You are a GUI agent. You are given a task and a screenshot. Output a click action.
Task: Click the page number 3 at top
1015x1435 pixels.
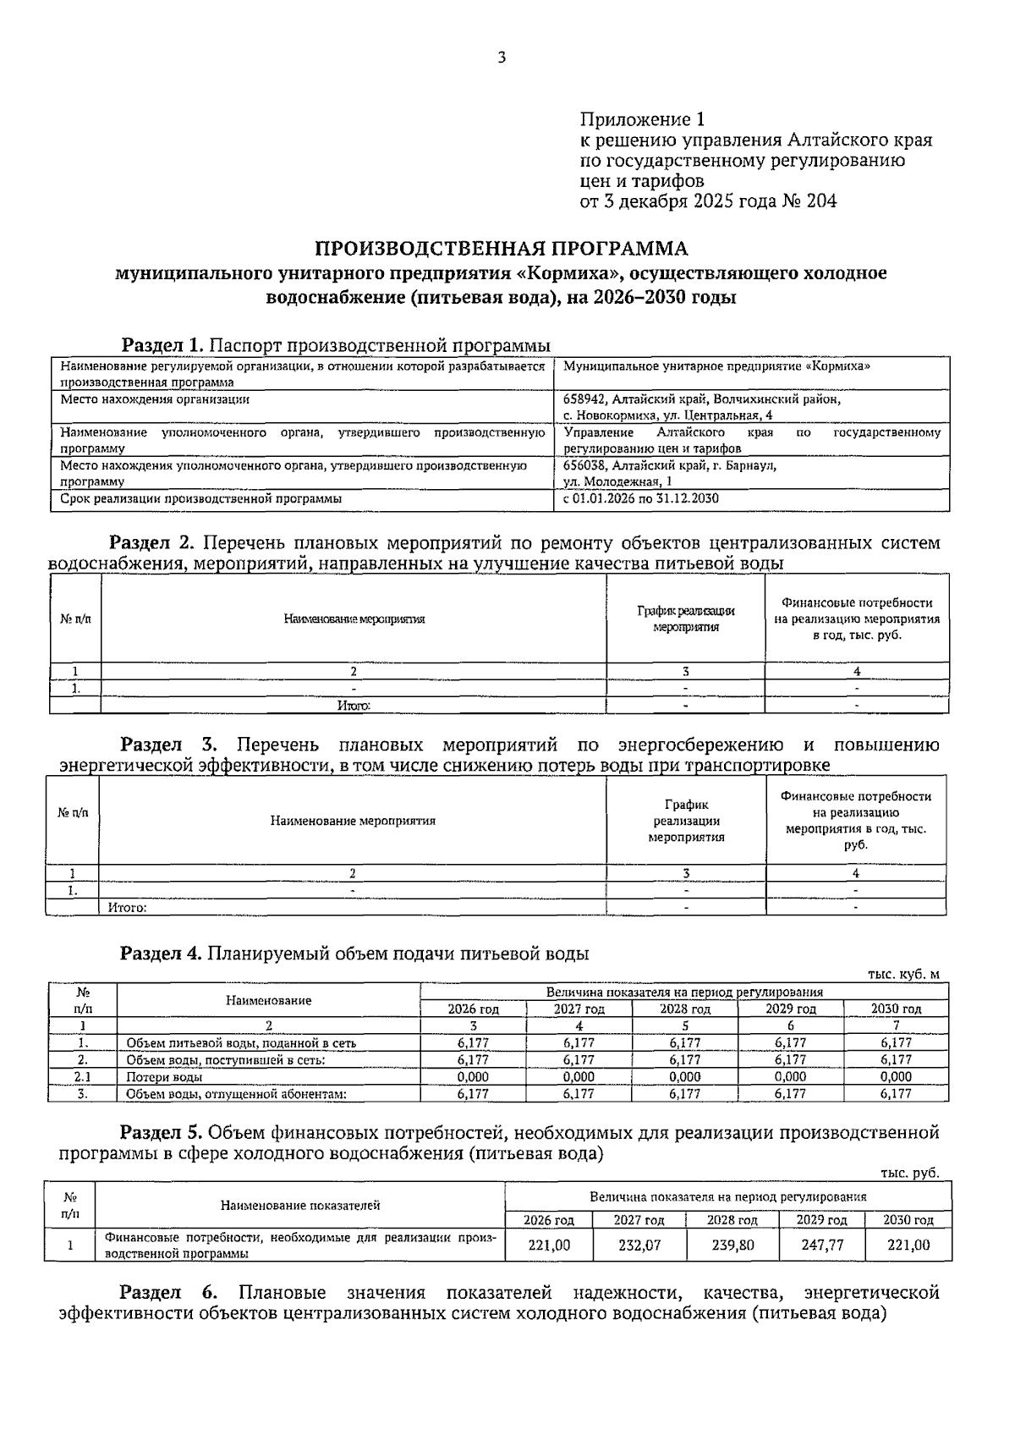502,58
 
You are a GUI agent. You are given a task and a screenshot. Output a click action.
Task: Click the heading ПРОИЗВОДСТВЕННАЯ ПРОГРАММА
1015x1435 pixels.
502,249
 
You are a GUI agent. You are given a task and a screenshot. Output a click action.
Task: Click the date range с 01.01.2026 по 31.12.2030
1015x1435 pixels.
641,498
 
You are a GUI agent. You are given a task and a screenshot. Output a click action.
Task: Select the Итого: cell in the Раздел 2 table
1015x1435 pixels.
354,705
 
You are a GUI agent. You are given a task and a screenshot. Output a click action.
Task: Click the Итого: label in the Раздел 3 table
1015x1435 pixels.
128,907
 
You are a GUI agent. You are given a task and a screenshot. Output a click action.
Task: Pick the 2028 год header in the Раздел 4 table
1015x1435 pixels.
685,1009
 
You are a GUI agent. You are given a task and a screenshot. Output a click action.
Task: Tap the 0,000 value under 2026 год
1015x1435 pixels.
473,1077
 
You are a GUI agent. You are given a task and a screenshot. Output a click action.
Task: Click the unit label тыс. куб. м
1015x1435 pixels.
903,974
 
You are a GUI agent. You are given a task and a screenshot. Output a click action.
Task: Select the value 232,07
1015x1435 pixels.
639,1245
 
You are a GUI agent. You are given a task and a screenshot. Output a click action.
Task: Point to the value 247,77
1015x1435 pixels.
822,1245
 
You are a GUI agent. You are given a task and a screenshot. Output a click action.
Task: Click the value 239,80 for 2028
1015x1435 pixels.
732,1245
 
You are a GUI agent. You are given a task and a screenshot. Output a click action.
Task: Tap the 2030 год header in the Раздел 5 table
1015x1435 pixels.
908,1220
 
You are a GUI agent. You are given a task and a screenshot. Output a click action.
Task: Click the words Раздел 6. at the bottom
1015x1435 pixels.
168,1293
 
